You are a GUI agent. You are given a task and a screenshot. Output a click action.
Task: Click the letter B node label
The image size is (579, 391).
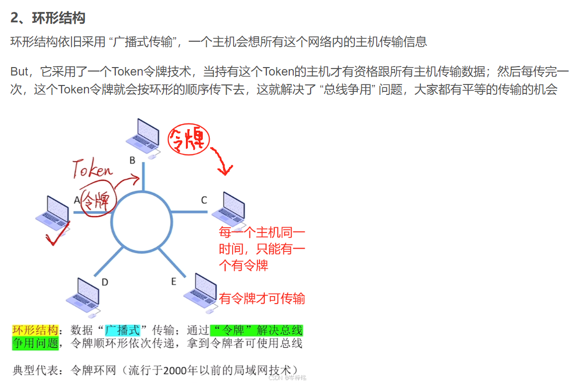point(132,160)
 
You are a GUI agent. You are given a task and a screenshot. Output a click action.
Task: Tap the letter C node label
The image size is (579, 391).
point(204,200)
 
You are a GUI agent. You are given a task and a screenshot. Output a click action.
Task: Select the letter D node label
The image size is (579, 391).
point(105,282)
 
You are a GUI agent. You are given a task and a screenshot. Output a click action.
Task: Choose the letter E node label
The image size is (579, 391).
point(173,282)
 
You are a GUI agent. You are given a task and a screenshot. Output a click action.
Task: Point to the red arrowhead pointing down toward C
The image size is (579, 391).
point(225,171)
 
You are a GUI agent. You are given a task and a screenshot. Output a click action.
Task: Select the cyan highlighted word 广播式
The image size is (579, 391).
point(122,330)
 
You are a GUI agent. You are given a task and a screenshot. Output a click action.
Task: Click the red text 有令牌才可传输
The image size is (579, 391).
point(262,299)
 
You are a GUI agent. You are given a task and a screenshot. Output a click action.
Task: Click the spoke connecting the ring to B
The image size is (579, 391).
point(144,177)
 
